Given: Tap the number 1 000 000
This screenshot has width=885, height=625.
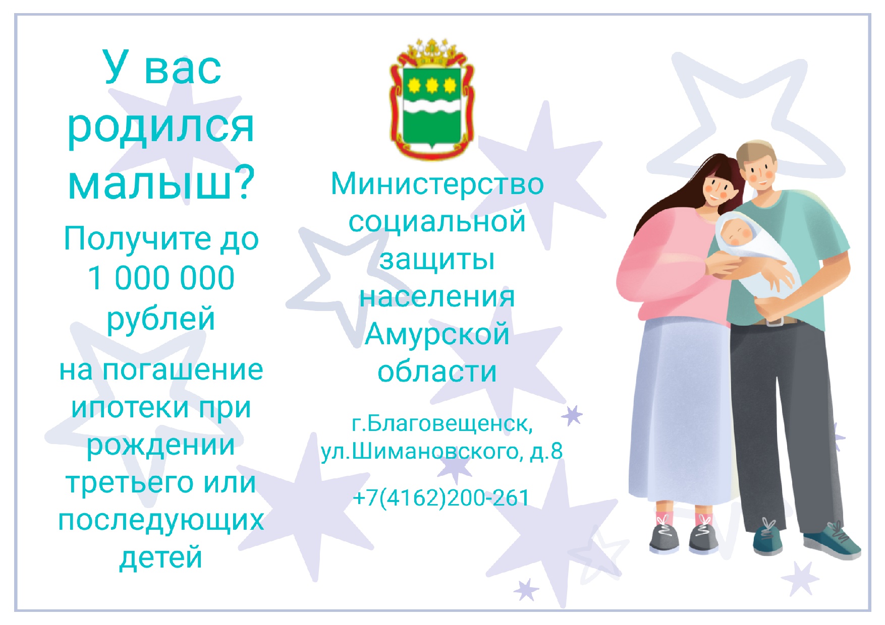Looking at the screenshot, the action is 161,278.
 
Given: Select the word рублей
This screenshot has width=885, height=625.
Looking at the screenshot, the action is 161,319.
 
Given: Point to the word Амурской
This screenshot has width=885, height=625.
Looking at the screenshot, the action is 437,334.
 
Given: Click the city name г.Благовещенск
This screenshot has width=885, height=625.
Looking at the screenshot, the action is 442,424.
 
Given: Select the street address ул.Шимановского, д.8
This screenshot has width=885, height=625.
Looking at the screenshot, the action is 441,451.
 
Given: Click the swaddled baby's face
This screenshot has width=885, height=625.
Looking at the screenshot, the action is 735,232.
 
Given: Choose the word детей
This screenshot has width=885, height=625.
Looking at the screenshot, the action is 161,557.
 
